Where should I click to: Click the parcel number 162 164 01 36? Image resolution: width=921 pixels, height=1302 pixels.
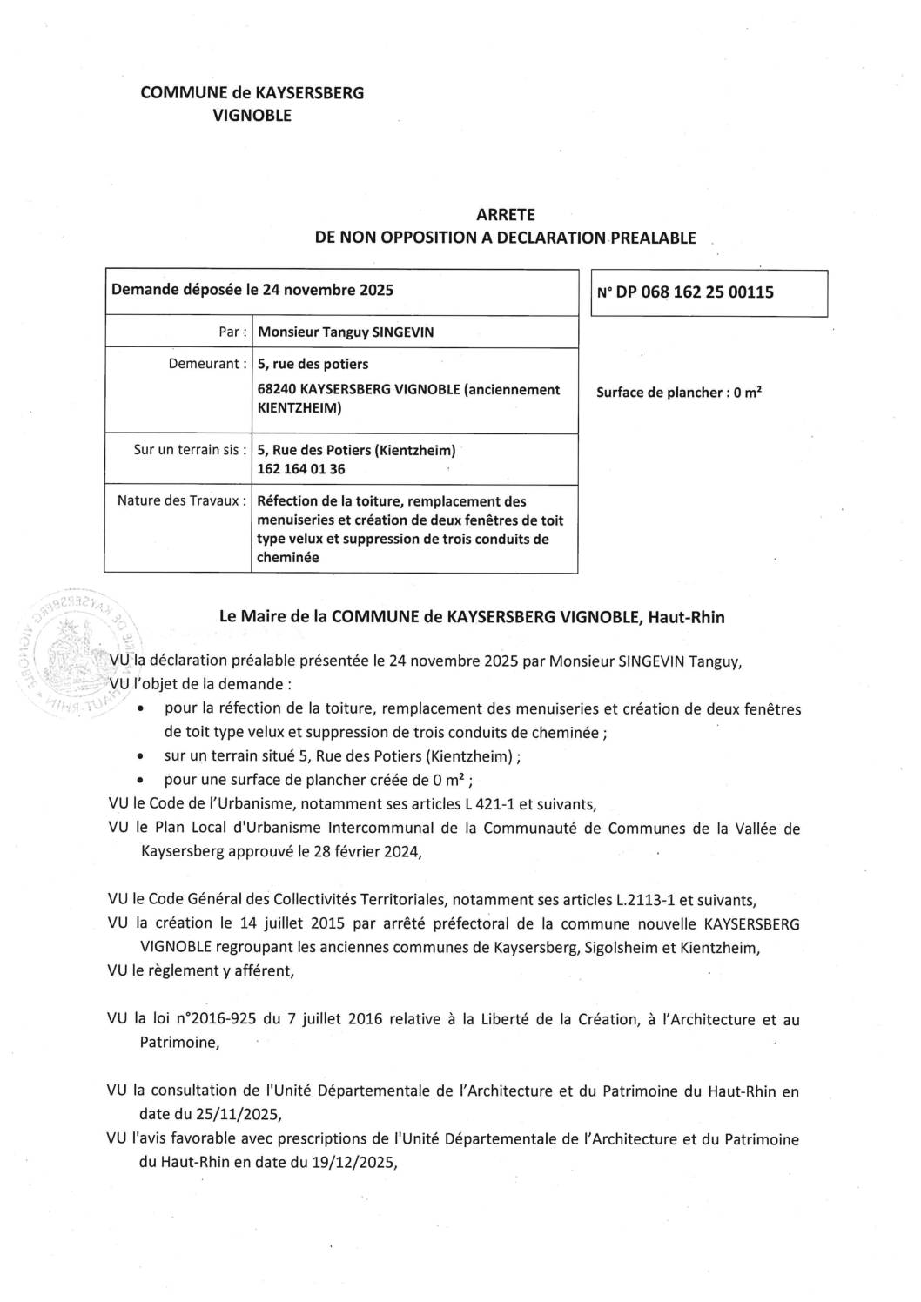pyautogui.click(x=300, y=469)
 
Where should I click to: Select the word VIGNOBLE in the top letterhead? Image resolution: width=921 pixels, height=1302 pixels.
pyautogui.click(x=252, y=115)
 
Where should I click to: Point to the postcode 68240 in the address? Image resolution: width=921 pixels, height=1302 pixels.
pyautogui.click(x=279, y=389)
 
